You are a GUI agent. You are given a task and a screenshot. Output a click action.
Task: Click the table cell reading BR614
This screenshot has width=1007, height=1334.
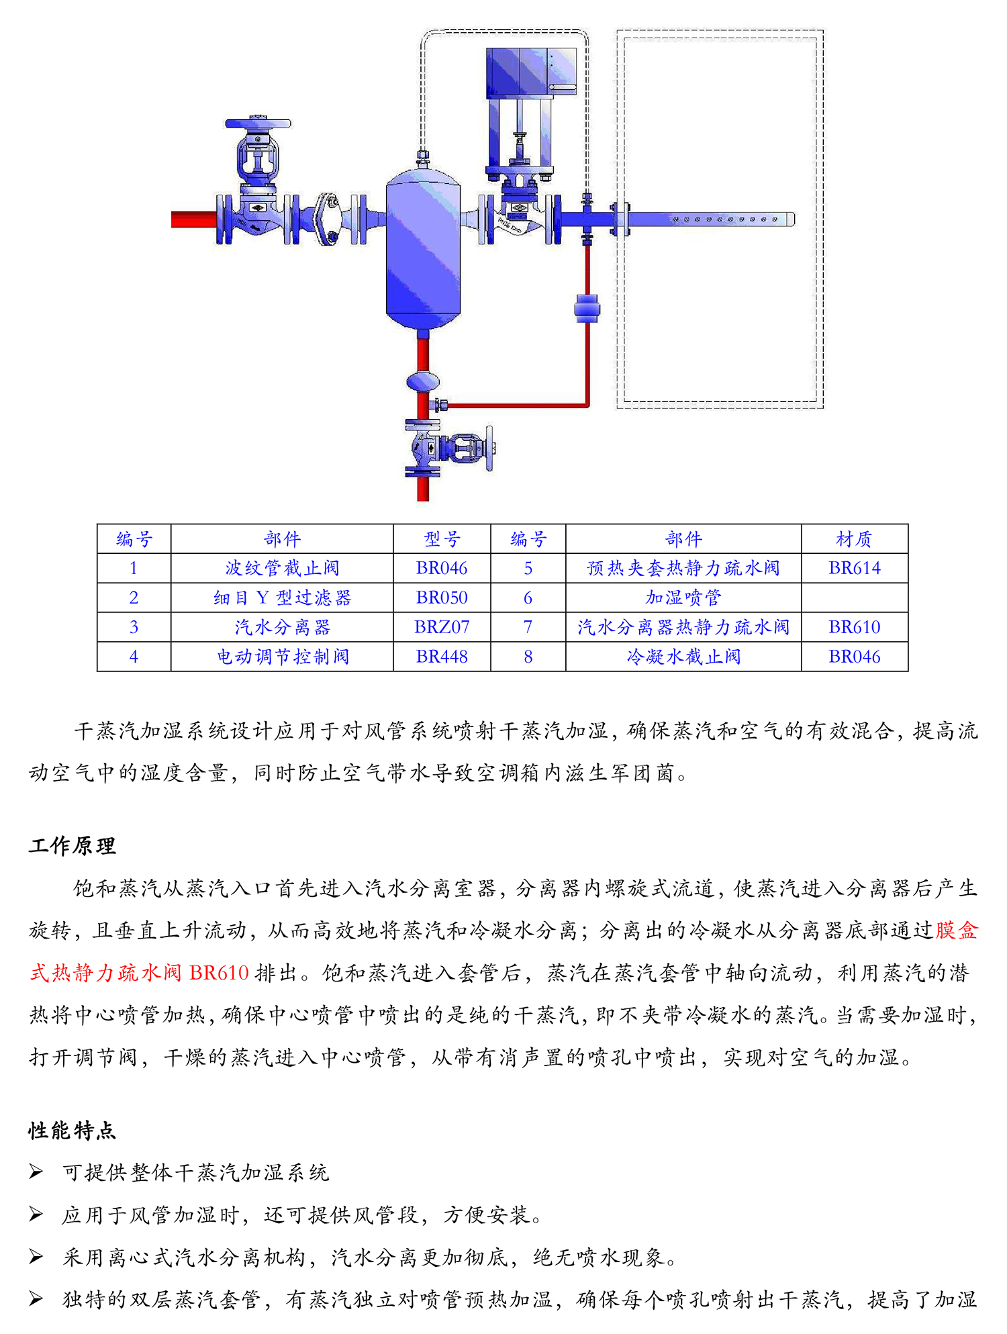coord(854,568)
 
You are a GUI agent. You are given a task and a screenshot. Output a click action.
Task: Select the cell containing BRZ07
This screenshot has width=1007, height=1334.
coord(442,627)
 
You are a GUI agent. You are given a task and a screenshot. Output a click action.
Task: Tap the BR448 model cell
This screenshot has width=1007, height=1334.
coord(442,657)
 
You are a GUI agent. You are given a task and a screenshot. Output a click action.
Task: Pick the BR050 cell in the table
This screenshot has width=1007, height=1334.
coord(442,598)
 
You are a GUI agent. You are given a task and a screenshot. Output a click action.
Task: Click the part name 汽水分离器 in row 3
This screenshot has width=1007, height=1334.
coord(282,627)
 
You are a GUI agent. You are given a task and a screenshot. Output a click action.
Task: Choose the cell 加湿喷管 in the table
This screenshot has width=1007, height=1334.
coord(683,598)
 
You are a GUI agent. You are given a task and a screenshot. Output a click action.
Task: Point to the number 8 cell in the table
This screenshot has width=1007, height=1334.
coord(528,657)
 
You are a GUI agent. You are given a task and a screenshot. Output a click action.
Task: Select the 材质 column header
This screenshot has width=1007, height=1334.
coord(854,539)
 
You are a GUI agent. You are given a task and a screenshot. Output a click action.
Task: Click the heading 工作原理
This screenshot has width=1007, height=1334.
coord(72,846)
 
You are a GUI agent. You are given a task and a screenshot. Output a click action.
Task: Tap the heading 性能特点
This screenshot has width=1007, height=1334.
coord(72,1131)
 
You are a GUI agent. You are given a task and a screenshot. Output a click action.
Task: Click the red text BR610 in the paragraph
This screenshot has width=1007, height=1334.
coord(219,973)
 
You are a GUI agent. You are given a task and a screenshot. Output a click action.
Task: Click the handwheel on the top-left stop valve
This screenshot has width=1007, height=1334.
coord(258,124)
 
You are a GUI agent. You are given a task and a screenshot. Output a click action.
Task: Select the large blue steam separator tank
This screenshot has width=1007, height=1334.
coord(423,248)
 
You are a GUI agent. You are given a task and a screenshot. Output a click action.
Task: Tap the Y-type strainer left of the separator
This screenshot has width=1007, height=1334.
coord(328,219)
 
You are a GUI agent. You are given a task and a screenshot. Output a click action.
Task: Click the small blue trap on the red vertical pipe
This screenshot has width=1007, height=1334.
coord(587,308)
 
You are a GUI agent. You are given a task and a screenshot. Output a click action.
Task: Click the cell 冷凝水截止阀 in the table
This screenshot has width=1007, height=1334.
coord(683,657)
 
